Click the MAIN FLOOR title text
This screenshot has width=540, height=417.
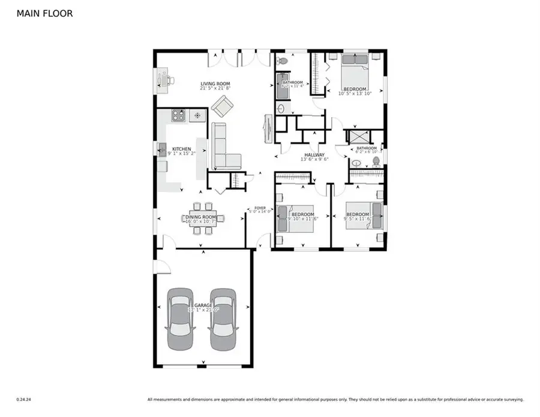click(45, 13)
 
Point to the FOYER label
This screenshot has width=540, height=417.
click(260, 209)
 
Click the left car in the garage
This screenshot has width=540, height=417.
click(181, 320)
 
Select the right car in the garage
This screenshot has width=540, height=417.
click(222, 320)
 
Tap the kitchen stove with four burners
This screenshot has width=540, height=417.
click(178, 116)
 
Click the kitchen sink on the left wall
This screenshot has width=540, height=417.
click(162, 150)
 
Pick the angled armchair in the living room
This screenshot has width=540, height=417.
click(222, 107)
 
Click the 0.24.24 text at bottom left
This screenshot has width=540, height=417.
click(24, 399)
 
